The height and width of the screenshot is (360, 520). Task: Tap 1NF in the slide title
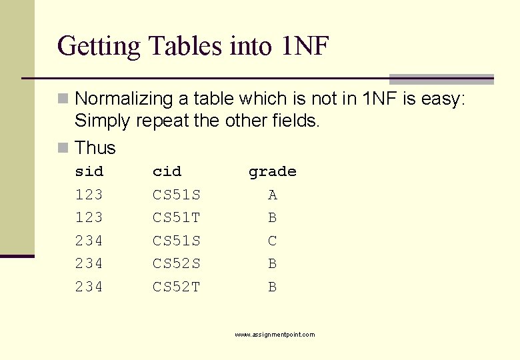[305, 46]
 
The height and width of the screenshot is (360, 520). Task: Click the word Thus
[95, 147]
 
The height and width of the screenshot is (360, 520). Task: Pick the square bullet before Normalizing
[63, 99]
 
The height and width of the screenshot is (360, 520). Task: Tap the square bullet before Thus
[63, 147]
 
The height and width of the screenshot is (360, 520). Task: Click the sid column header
[89, 172]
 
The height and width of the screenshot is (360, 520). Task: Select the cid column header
[167, 172]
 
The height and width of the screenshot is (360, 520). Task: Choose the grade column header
[272, 172]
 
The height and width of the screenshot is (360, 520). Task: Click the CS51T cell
[177, 218]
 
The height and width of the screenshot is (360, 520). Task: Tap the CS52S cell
[177, 264]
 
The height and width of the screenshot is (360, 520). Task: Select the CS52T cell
[177, 287]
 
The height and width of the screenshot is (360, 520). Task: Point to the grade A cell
[272, 195]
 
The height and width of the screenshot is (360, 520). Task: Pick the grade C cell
[272, 241]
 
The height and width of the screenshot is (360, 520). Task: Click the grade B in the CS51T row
[272, 218]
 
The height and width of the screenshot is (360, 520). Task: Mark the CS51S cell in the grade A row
[177, 195]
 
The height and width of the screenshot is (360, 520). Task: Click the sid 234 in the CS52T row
[89, 287]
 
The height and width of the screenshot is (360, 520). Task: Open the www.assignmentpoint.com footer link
[275, 335]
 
